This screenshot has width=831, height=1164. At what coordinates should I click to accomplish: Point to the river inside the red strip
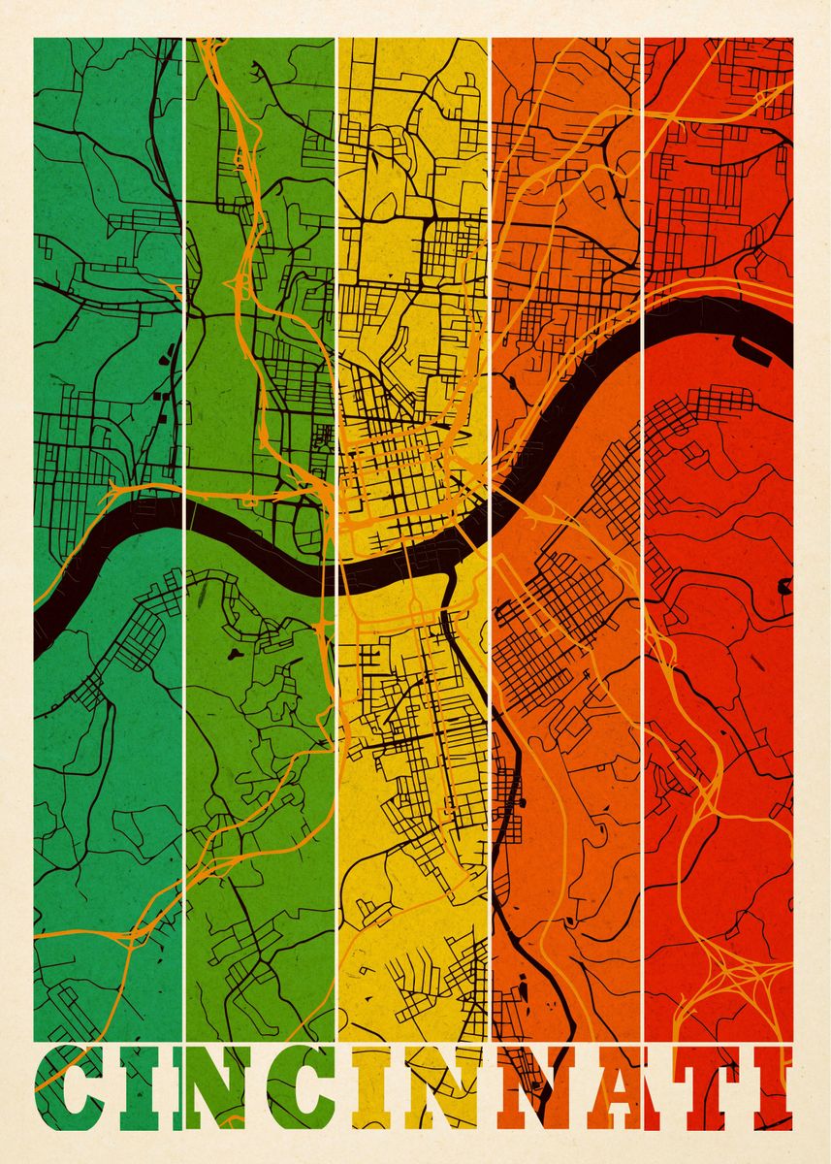pos(718,325)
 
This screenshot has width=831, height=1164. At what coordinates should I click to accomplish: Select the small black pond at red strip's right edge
pos(783,586)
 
